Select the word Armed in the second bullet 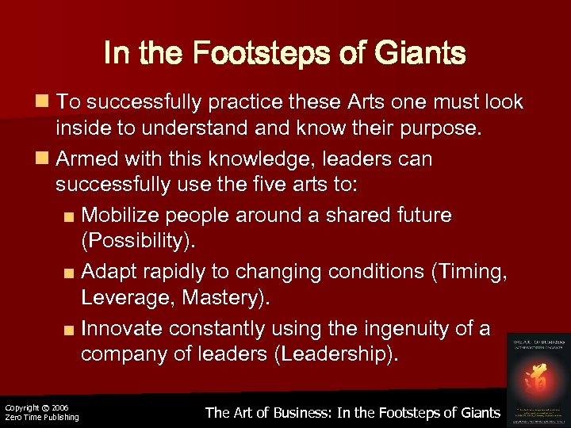89,159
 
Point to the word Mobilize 122,216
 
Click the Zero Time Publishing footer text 41,418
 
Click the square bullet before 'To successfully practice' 42,102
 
